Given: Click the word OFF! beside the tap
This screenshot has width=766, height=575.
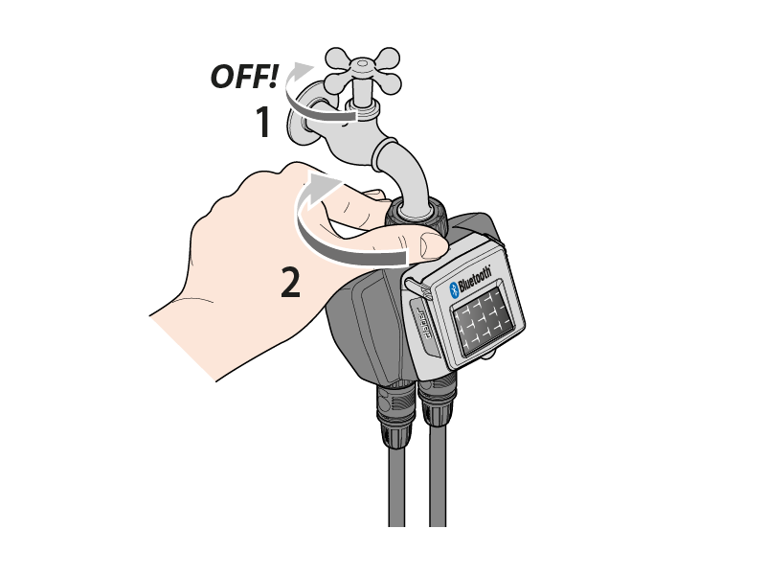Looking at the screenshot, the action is tap(244, 77).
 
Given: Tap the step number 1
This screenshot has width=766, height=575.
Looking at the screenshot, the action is tap(264, 122).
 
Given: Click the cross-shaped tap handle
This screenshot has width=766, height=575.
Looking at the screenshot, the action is tap(363, 69).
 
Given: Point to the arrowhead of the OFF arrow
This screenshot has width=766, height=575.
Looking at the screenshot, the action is tap(303, 69).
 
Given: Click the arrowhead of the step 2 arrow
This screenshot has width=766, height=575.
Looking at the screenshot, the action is tap(326, 182).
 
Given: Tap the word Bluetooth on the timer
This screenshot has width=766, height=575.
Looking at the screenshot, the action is tap(475, 279).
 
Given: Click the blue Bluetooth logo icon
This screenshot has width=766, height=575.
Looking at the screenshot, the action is tap(454, 289).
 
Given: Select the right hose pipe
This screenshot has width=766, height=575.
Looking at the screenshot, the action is tap(438, 475).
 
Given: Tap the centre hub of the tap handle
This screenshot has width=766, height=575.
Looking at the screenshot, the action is tap(362, 63).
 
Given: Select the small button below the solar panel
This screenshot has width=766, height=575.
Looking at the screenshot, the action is tap(489, 356).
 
